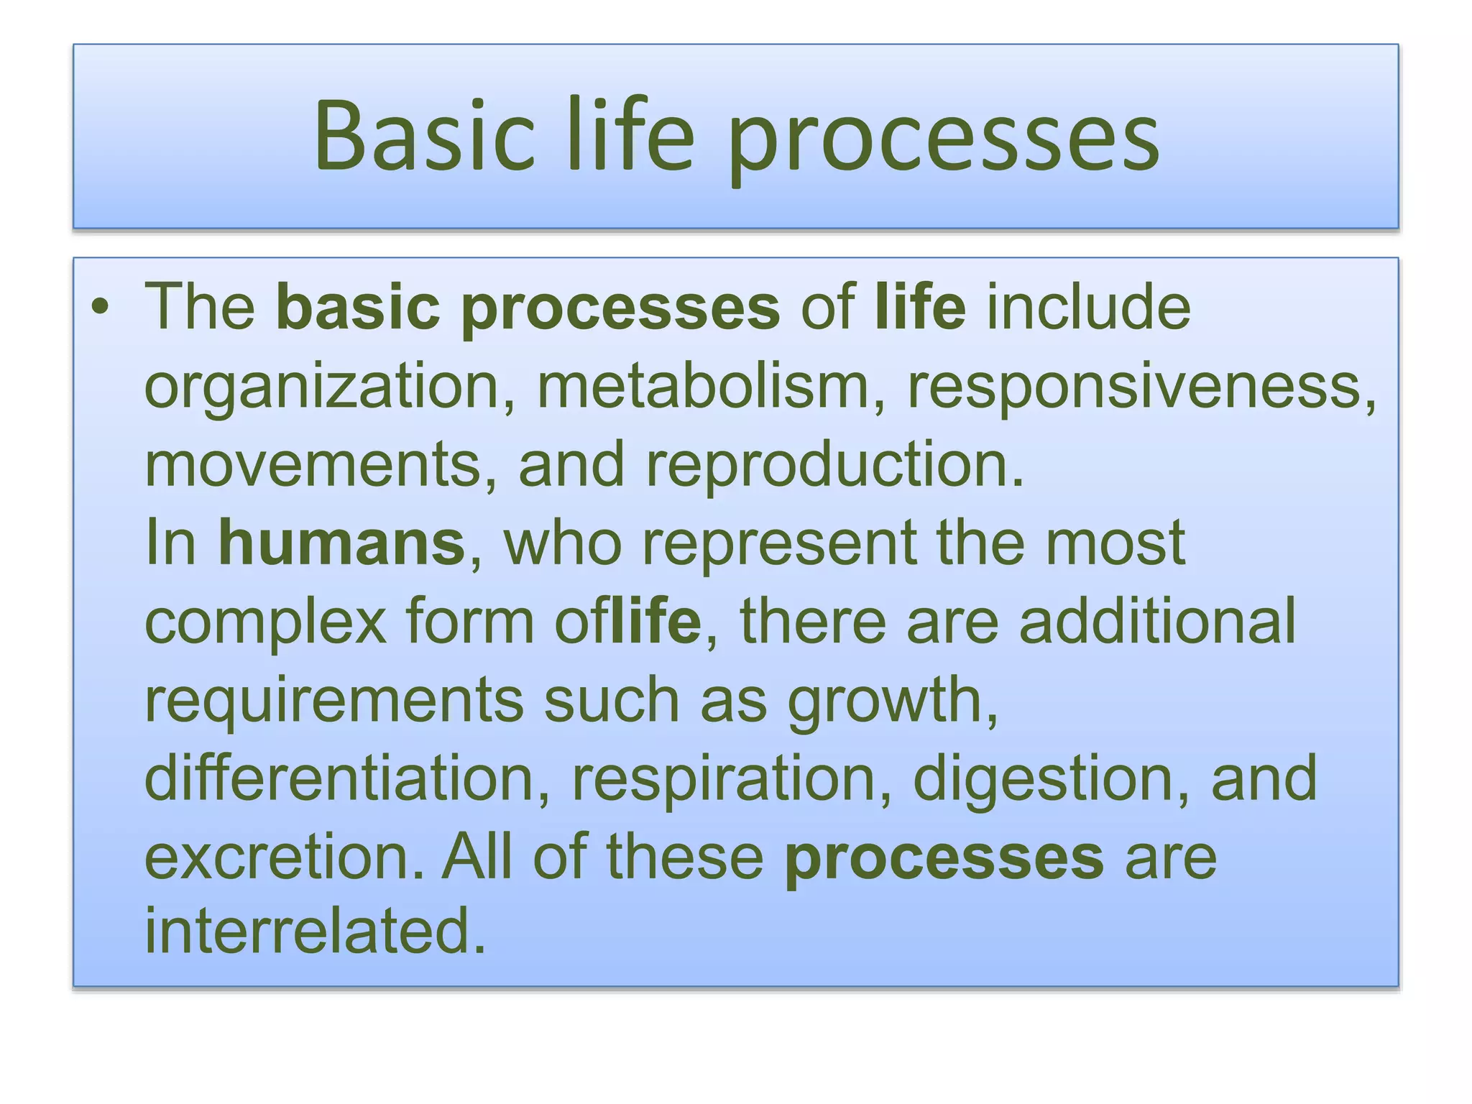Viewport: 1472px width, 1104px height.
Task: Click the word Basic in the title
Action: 425,136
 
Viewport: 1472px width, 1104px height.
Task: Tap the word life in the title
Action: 631,136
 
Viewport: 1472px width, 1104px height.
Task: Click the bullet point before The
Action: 101,308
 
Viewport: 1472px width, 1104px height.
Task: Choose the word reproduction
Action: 834,464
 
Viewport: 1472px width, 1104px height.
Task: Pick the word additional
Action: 1157,621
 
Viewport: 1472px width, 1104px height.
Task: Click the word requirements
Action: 334,700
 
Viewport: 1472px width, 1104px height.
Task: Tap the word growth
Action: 892,700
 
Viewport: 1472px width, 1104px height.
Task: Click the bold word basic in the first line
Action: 358,308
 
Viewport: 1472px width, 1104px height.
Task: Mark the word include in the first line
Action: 1088,308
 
